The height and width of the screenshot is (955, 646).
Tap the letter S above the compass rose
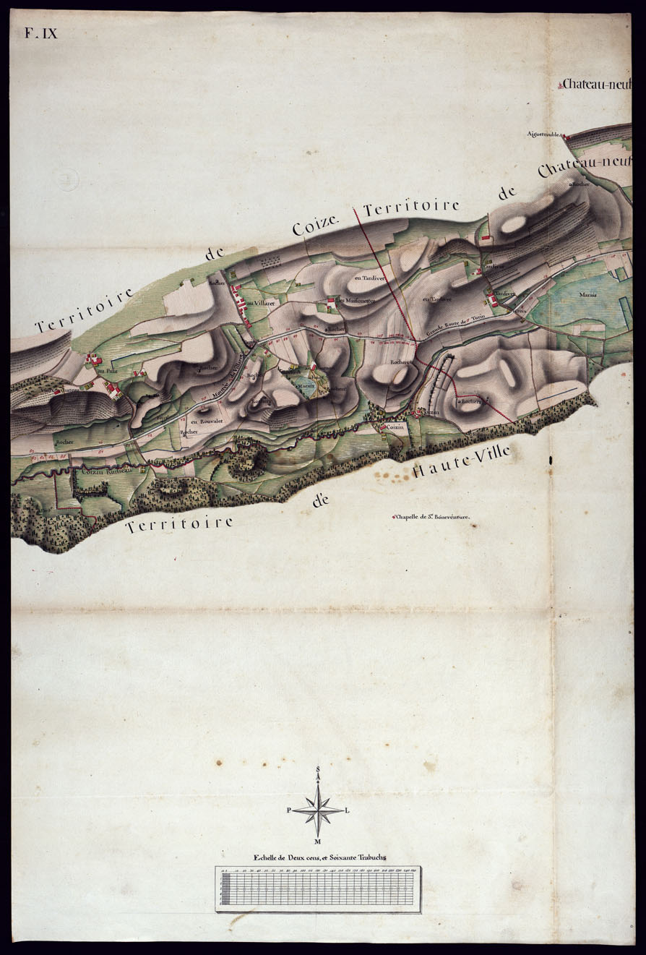(x=318, y=768)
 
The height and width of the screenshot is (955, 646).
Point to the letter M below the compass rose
(x=318, y=841)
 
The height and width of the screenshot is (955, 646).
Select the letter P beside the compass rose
(x=289, y=811)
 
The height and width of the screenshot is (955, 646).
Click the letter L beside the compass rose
(x=348, y=810)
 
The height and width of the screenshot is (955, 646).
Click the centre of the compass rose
(x=318, y=810)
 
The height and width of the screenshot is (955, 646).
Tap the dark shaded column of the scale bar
(x=225, y=889)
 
